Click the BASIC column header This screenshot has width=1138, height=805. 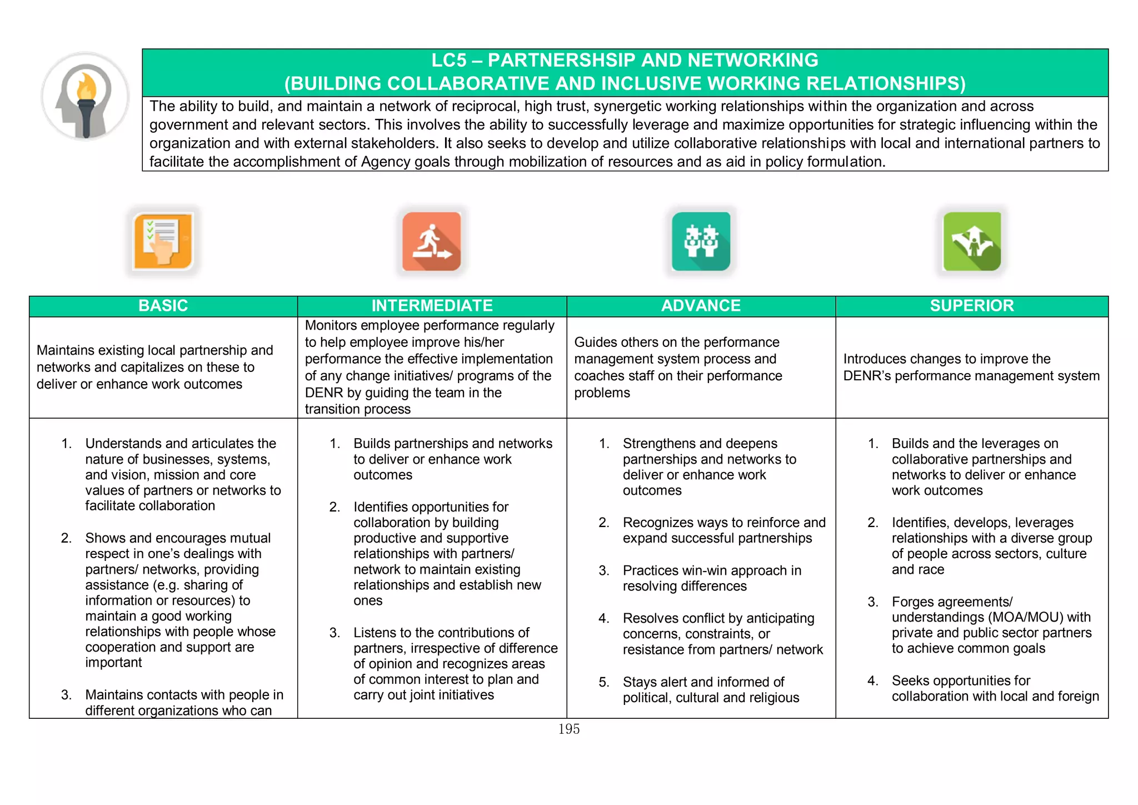[x=163, y=306]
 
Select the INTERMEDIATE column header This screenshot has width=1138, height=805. [x=432, y=306]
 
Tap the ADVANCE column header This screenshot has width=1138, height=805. [x=701, y=306]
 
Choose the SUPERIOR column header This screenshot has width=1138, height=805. [x=972, y=306]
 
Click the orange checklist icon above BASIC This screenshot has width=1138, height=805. [x=163, y=241]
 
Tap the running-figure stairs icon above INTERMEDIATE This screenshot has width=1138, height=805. [x=432, y=241]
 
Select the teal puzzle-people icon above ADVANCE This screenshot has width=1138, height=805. [x=701, y=241]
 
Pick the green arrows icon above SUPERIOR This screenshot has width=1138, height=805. [x=972, y=241]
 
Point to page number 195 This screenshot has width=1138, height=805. [x=568, y=729]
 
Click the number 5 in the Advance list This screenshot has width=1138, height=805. [x=603, y=682]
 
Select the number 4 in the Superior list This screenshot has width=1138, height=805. [x=872, y=681]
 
